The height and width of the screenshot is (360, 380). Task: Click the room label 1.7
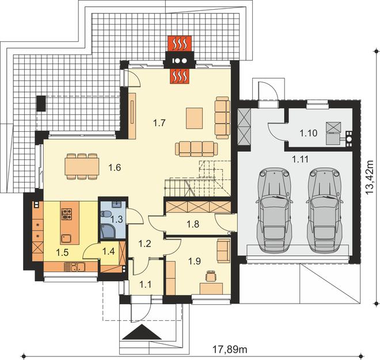pyautogui.click(x=159, y=123)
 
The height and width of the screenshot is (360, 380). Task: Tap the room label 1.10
pyautogui.click(x=308, y=133)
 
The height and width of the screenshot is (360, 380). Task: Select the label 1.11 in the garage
pyautogui.click(x=300, y=159)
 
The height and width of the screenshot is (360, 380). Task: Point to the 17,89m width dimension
pyautogui.click(x=230, y=349)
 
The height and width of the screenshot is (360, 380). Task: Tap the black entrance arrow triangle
pyautogui.click(x=142, y=332)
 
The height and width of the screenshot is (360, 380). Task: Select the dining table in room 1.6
pyautogui.click(x=82, y=166)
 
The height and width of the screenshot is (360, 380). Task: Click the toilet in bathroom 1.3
pyautogui.click(x=106, y=214)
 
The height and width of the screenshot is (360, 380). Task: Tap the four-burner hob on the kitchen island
pyautogui.click(x=67, y=214)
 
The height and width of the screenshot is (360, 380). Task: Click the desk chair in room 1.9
pyautogui.click(x=211, y=276)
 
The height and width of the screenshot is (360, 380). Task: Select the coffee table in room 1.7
pyautogui.click(x=195, y=118)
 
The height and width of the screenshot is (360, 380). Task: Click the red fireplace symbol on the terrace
pyautogui.click(x=180, y=44)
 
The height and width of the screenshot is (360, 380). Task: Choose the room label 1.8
pyautogui.click(x=193, y=224)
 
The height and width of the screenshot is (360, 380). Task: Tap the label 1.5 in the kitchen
pyautogui.click(x=62, y=252)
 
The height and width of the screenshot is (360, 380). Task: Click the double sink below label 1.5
pyautogui.click(x=77, y=267)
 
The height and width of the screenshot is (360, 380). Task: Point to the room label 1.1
pyautogui.click(x=146, y=284)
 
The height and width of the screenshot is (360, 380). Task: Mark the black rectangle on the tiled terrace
pyautogui.click(x=41, y=104)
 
